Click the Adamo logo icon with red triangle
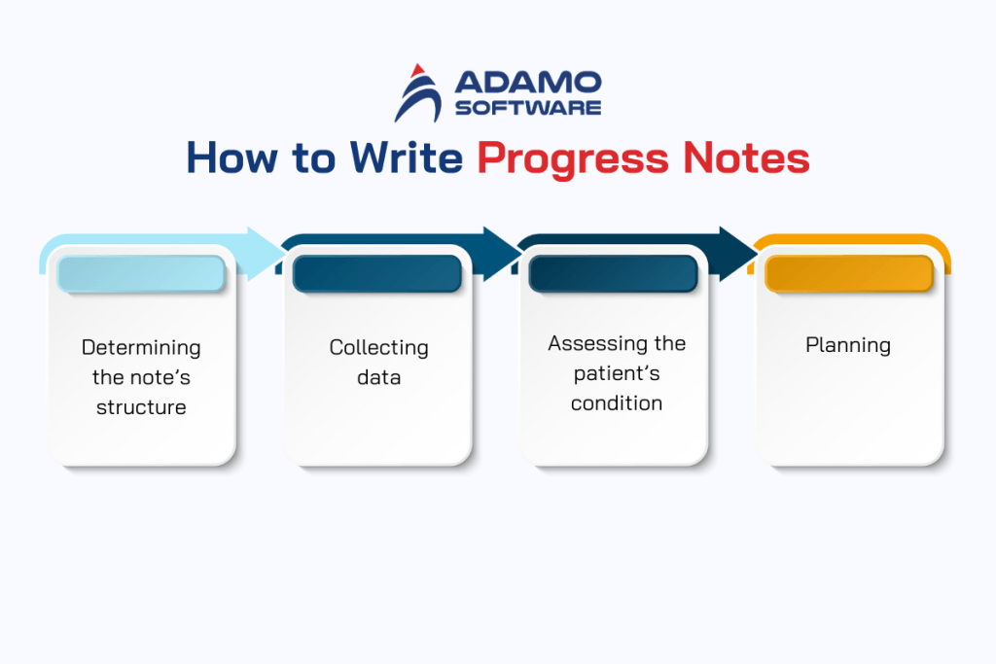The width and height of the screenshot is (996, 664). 415,92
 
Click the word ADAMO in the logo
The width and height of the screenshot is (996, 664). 528,83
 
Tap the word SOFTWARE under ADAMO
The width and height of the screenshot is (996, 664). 528,108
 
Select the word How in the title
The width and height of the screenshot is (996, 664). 226,158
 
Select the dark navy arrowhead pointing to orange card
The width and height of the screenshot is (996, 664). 738,254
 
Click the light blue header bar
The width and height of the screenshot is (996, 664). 141,274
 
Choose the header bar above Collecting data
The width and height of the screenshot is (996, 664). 377,274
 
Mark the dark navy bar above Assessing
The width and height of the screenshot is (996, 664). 613,274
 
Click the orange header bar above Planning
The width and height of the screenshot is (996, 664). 849,274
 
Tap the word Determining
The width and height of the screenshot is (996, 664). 141,347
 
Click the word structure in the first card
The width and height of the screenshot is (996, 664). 141,407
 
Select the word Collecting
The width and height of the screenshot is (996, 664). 378,347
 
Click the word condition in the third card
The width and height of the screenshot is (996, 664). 617,402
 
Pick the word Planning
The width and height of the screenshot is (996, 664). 848,344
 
